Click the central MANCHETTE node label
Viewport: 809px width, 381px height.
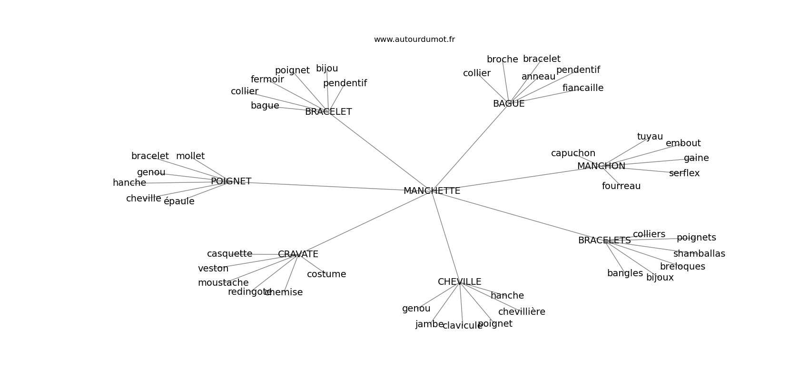pos(432,191)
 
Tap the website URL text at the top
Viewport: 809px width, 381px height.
pos(414,40)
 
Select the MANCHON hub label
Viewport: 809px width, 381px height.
pos(601,166)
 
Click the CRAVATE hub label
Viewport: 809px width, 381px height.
pos(298,254)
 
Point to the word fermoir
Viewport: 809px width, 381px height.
pos(267,80)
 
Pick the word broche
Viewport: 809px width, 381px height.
pos(502,60)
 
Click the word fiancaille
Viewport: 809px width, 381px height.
pos(582,88)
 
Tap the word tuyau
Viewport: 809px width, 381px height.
pos(650,137)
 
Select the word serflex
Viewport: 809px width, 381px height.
pos(684,173)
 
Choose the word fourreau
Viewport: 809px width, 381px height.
pos(621,186)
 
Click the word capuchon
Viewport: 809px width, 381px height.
pos(573,153)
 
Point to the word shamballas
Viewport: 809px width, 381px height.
pos(699,254)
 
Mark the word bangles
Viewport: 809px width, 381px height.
pos(625,273)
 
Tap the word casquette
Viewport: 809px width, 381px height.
pos(229,254)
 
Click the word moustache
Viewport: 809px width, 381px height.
pos(223,283)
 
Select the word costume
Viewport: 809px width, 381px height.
pos(326,274)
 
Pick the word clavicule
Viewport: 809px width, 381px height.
pos(462,326)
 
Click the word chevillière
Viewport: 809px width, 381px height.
pos(522,312)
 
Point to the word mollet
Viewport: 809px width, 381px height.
pos(190,156)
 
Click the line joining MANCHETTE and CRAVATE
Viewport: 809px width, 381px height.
pos(364,223)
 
